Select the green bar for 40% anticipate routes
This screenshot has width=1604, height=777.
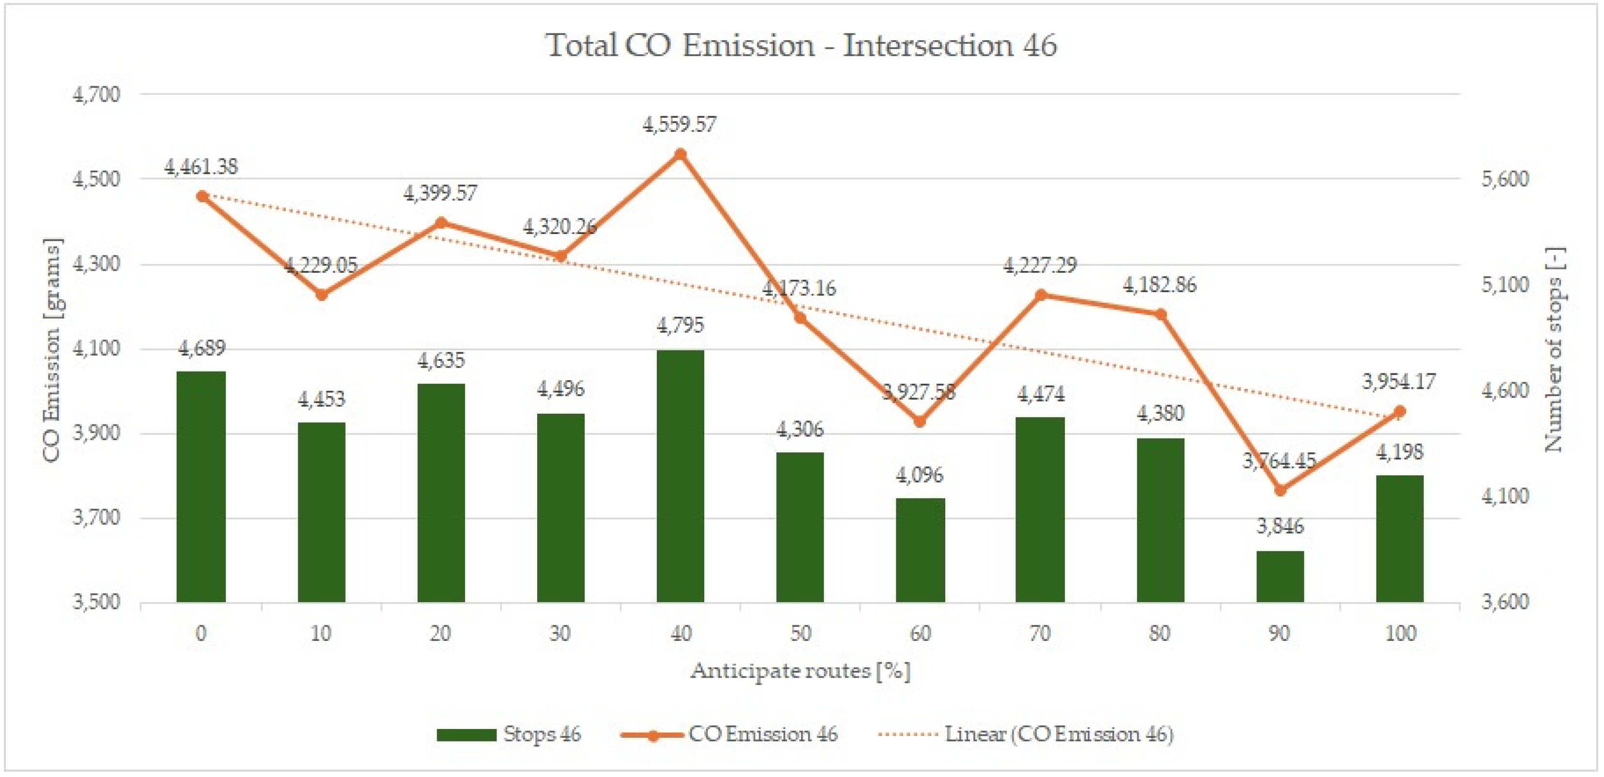coord(680,476)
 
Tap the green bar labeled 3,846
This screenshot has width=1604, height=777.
coord(1280,576)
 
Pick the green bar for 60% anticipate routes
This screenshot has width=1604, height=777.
coord(920,550)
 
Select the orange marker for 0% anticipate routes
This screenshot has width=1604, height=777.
coord(202,196)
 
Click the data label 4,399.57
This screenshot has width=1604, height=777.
coord(440,193)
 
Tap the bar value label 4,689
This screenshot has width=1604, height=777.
coord(202,348)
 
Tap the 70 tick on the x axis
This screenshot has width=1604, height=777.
coord(1039,634)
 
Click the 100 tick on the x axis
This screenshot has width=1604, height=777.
coord(1400,634)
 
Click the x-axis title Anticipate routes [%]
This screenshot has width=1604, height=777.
coord(800,671)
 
